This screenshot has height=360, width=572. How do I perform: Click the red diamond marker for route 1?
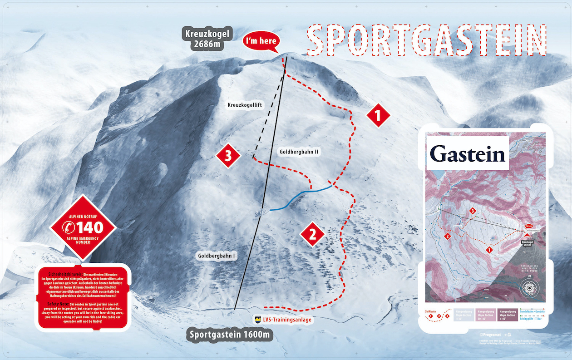click(379, 116)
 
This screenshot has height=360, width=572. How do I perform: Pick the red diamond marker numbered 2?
click(312, 234)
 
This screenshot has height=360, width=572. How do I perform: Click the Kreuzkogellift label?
click(245, 105)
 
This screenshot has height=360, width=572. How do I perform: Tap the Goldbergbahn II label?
click(298, 152)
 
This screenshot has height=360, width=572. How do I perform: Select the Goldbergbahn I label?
click(216, 256)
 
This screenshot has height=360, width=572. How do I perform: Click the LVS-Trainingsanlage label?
click(284, 320)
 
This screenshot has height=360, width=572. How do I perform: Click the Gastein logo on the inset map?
click(468, 154)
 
